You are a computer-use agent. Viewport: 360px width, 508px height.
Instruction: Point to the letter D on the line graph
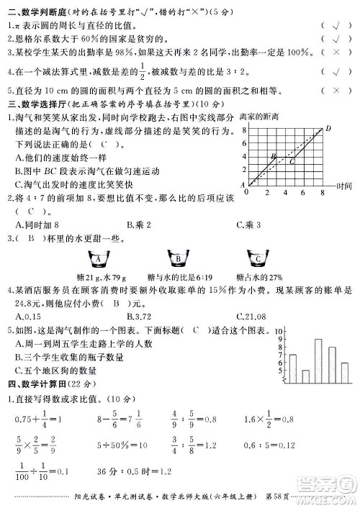click(x=328, y=128)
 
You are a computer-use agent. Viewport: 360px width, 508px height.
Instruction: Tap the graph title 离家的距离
click(x=258, y=117)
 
